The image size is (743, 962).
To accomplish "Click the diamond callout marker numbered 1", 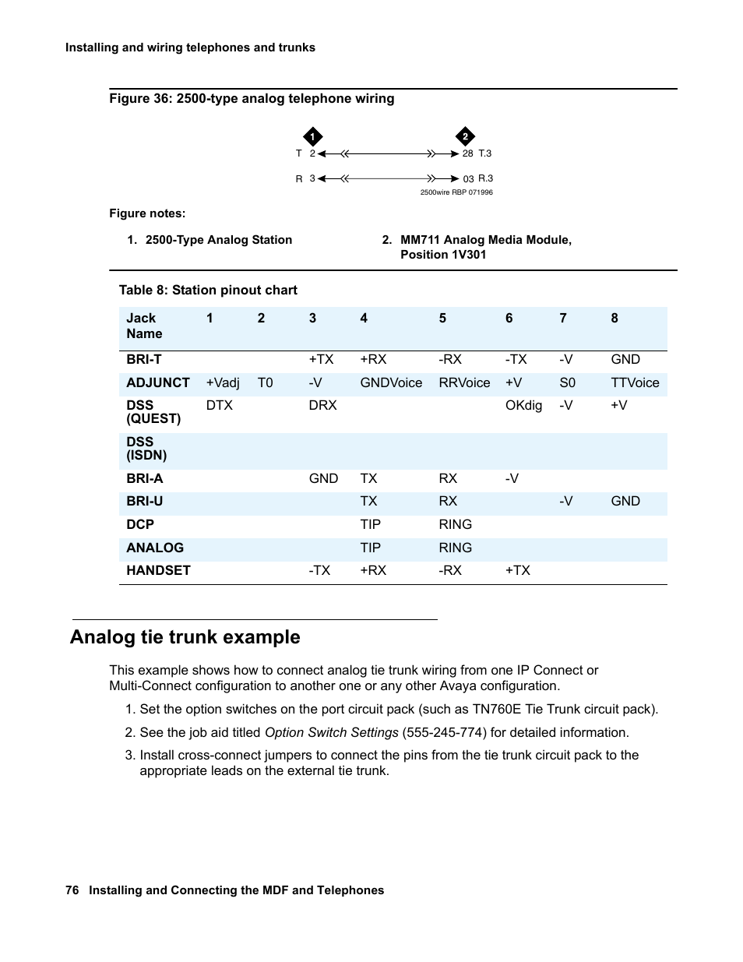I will pyautogui.click(x=312, y=137).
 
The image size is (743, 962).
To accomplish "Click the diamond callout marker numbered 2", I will pyautogui.click(x=465, y=137).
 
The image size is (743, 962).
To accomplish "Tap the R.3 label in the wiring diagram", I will pyautogui.click(x=485, y=178).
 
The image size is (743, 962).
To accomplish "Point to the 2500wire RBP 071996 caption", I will pyautogui.click(x=456, y=192).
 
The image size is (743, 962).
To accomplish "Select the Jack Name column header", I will pyautogui.click(x=144, y=326).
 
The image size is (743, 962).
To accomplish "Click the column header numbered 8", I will pyautogui.click(x=614, y=318).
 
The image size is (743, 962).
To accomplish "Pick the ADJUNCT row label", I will pyautogui.click(x=158, y=382).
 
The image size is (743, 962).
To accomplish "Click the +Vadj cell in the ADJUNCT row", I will pyautogui.click(x=223, y=382).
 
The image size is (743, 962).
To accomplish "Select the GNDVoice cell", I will pyautogui.click(x=391, y=382).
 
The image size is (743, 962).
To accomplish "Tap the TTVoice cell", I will pyautogui.click(x=635, y=382).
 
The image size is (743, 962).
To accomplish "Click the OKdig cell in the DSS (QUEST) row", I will pyautogui.click(x=523, y=405).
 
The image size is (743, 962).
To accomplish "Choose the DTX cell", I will pyautogui.click(x=220, y=405).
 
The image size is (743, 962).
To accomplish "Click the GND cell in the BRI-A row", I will pyautogui.click(x=323, y=478).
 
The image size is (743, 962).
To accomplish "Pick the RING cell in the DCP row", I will pyautogui.click(x=455, y=524).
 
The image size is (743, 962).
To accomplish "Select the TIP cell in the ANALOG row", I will pyautogui.click(x=370, y=548).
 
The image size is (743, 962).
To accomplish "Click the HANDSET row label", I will pyautogui.click(x=158, y=570).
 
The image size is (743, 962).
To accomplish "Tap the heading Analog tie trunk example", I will pyautogui.click(x=185, y=637).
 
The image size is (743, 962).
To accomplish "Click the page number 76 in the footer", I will pyautogui.click(x=72, y=890).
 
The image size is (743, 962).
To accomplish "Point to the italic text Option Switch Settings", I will pyautogui.click(x=331, y=732).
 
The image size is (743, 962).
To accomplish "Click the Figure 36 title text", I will pyautogui.click(x=252, y=99).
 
